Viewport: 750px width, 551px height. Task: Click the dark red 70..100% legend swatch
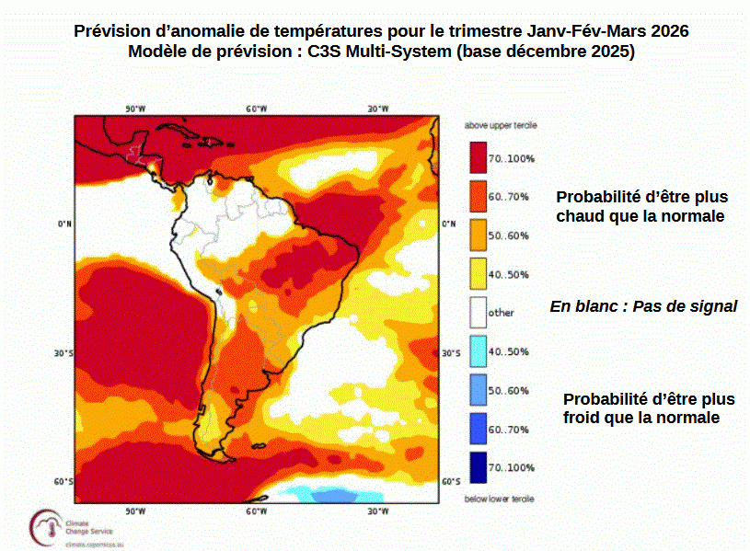pyautogui.click(x=477, y=157)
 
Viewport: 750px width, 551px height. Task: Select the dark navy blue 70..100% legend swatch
pyautogui.click(x=477, y=466)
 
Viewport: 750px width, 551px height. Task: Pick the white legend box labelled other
pyautogui.click(x=477, y=312)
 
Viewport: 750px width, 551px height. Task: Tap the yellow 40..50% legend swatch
pyautogui.click(x=477, y=273)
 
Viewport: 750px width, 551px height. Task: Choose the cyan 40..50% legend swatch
pyautogui.click(x=477, y=350)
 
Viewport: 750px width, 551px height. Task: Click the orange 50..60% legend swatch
pyautogui.click(x=477, y=235)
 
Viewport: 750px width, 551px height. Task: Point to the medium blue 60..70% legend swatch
pyautogui.click(x=477, y=428)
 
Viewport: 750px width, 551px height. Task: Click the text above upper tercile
pyautogui.click(x=500, y=123)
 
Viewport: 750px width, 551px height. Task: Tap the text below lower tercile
pyautogui.click(x=500, y=499)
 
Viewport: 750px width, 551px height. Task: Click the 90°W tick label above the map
pyautogui.click(x=135, y=109)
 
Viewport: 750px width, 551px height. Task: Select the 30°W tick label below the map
pyautogui.click(x=377, y=511)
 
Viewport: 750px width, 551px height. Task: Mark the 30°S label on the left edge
pyautogui.click(x=63, y=353)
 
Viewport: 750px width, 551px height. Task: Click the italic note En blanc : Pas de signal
pyautogui.click(x=643, y=306)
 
